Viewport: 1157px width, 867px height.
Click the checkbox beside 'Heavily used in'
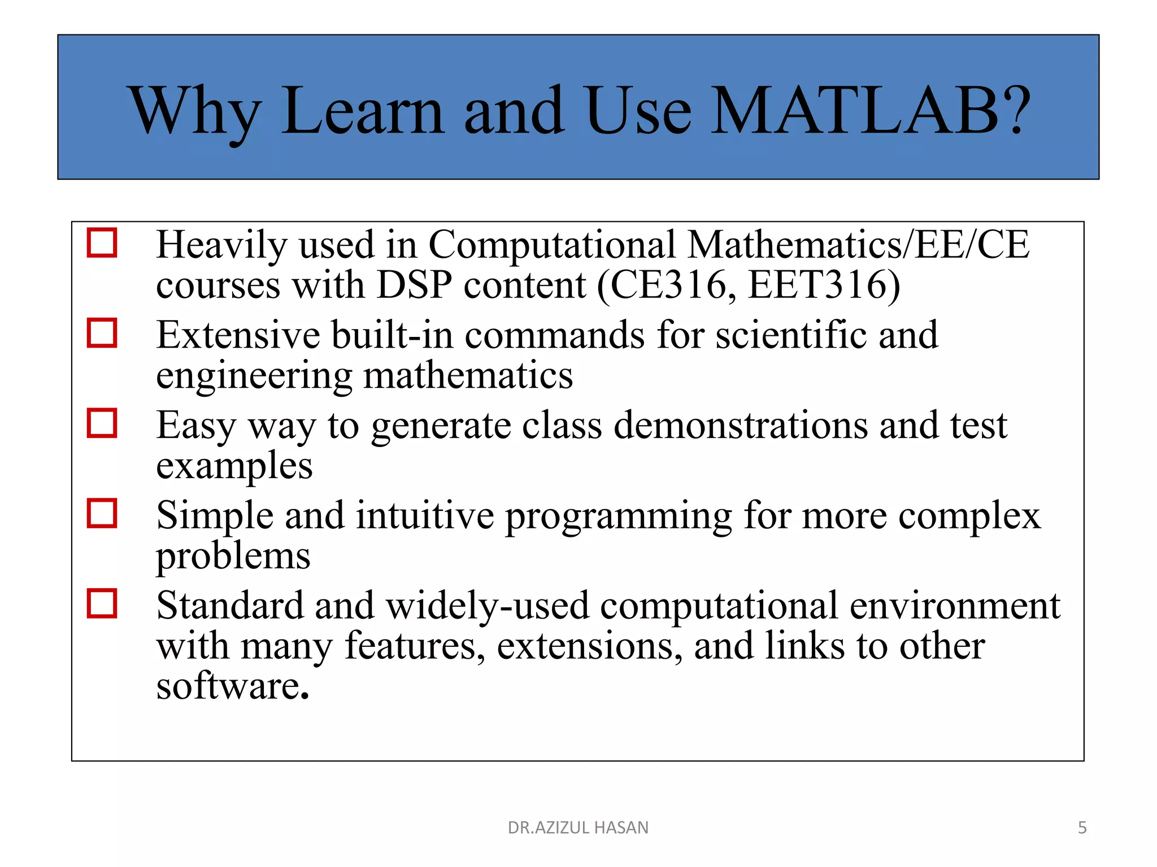pyautogui.click(x=102, y=243)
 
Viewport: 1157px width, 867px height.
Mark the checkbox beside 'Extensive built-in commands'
pyautogui.click(x=102, y=333)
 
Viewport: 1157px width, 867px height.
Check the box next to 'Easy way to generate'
pyautogui.click(x=102, y=423)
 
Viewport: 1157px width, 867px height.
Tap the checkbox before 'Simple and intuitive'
pyautogui.click(x=102, y=513)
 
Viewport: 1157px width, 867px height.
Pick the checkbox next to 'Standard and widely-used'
pyautogui.click(x=102, y=603)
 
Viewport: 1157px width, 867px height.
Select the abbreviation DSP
pyautogui.click(x=414, y=285)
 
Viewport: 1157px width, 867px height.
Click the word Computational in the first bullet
pyautogui.click(x=552, y=246)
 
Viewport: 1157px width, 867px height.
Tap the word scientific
pyautogui.click(x=791, y=335)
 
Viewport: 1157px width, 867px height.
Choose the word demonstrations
pyautogui.click(x=740, y=425)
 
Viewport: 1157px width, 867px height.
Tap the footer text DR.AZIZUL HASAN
pyautogui.click(x=578, y=827)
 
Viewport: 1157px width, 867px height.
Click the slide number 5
pyautogui.click(x=1082, y=827)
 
